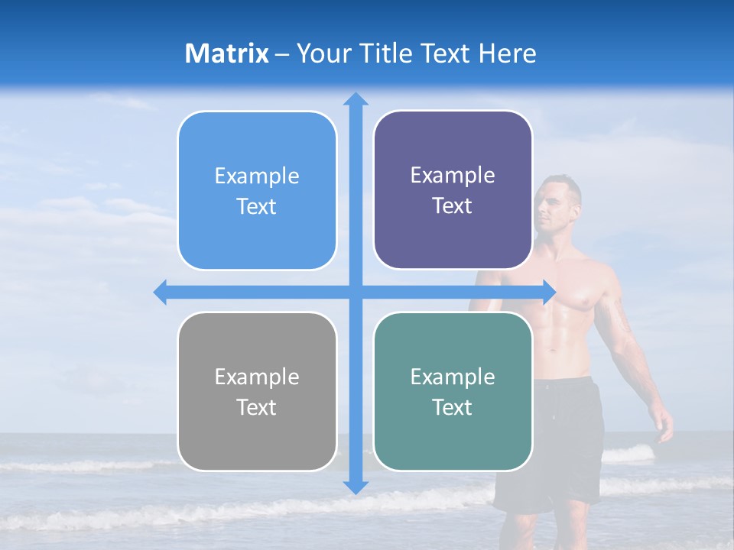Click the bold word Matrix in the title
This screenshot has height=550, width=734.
point(227,53)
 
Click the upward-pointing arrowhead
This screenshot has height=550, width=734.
point(356,99)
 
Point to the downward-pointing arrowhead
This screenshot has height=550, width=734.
point(356,486)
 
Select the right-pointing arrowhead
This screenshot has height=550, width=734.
point(548,292)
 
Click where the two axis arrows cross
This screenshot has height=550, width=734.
point(356,292)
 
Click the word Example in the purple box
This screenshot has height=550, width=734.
point(453,176)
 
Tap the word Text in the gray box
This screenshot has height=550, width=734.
point(256,407)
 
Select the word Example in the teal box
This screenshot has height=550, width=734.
point(453,377)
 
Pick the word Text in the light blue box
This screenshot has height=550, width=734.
point(256,206)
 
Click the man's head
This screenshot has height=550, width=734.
point(560,202)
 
